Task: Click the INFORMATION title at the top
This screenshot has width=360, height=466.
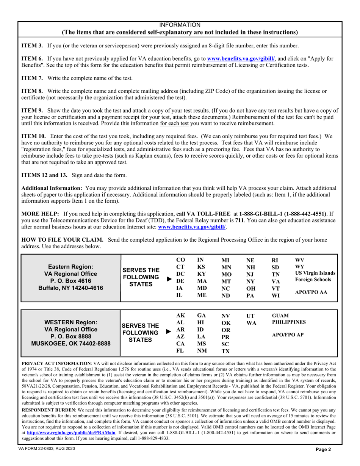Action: [x=180, y=25]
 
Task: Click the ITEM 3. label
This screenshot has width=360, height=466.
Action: [x=32, y=46]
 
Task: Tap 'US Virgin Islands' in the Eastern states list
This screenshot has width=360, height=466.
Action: [x=315, y=273]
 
